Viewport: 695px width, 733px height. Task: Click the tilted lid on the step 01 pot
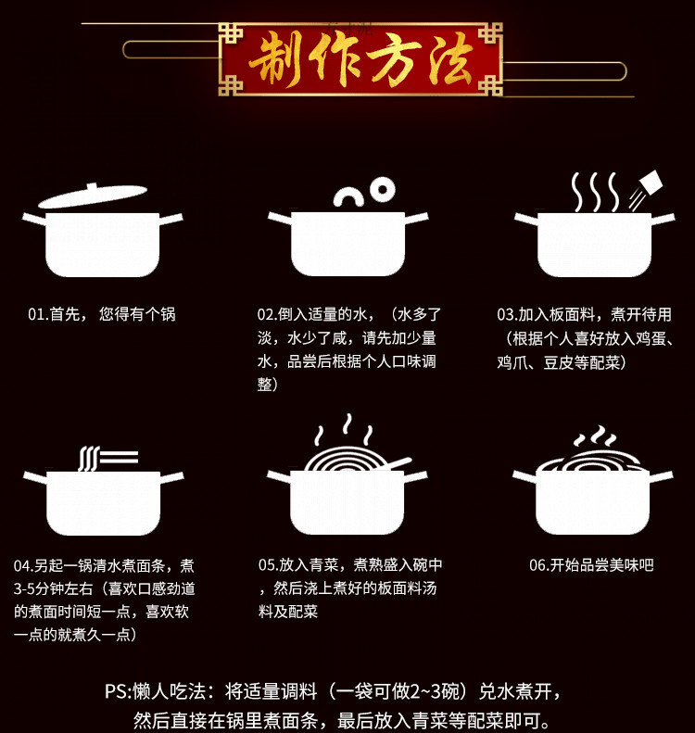coord(92,196)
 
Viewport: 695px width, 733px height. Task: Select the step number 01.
coord(37,315)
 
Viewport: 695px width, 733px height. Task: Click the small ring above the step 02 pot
coord(381,191)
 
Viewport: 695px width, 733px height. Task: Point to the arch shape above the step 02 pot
coord(348,196)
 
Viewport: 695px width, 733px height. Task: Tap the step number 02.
coord(267,315)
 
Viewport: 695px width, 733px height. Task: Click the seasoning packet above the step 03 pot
coord(650,183)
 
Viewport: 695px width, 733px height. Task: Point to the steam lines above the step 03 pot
coord(593,192)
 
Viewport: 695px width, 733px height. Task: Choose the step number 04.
coord(24,565)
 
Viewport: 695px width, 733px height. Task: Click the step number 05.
coord(268,564)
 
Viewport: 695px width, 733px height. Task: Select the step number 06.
coord(538,564)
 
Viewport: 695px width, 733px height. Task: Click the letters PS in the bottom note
coord(116,692)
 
